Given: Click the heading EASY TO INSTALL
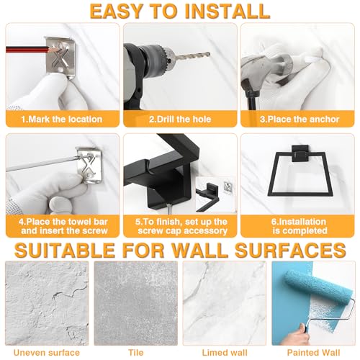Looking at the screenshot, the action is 180,11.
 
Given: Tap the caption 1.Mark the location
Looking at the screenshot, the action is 62,120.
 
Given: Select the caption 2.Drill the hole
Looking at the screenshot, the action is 180,120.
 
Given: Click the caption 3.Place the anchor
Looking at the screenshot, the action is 300,120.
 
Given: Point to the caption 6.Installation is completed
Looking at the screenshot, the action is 300,226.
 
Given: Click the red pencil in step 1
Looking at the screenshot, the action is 31,50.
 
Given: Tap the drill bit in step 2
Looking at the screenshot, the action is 192,56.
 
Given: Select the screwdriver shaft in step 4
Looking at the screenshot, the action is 42,163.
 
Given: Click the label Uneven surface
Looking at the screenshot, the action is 47,353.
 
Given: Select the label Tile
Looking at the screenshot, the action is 136,353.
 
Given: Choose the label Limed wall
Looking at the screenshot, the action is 225,353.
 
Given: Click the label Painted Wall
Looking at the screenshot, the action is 314,353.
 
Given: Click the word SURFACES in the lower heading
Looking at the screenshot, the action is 290,251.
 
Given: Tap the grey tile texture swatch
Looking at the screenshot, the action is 136,303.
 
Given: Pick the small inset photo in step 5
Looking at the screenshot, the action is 215,194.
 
